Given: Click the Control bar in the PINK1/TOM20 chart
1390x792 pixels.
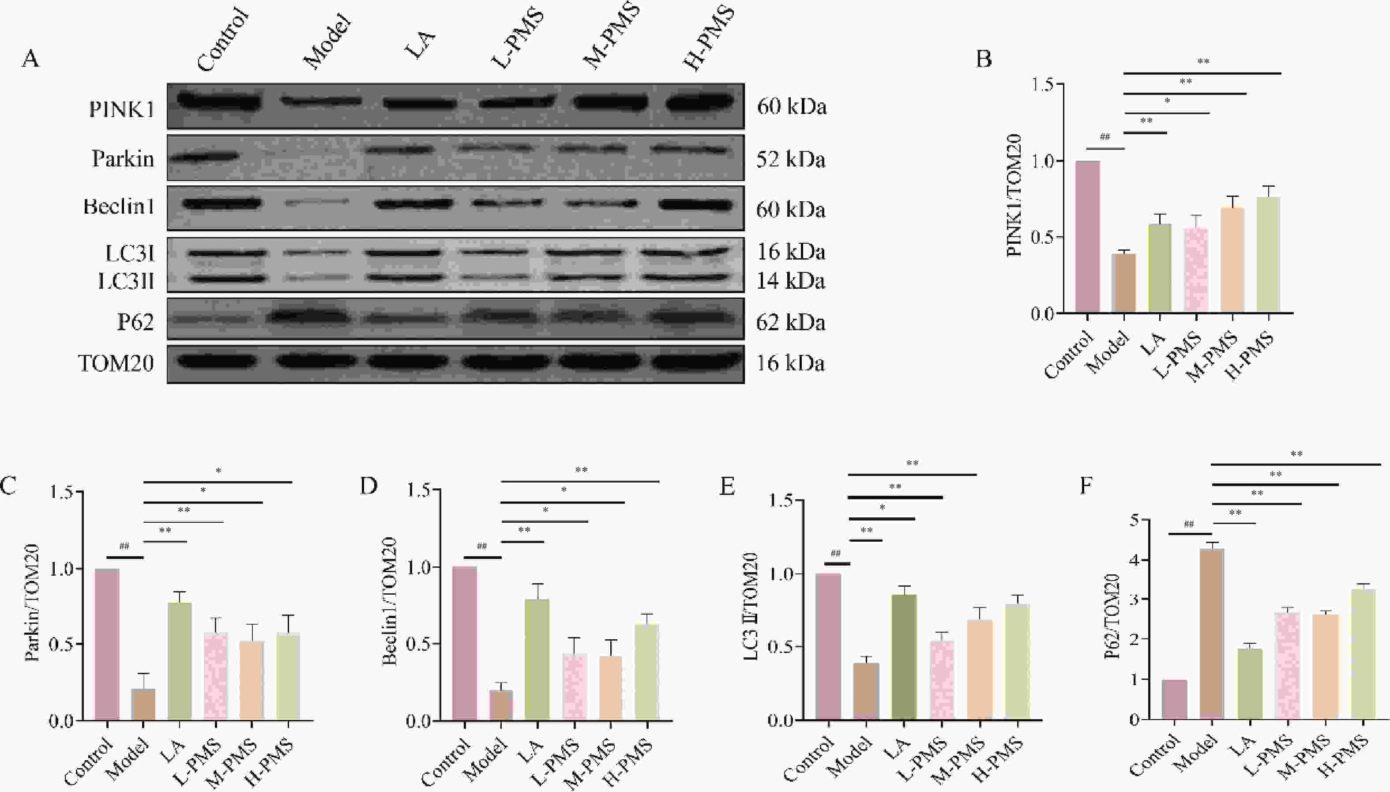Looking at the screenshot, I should click(1087, 237).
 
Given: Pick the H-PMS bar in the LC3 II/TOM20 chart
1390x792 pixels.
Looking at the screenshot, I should click(1017, 662).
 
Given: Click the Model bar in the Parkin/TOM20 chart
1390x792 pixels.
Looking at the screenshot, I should click(143, 705).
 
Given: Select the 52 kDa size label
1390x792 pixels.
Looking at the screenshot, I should click(790, 160).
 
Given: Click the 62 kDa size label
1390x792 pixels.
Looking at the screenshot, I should click(790, 323).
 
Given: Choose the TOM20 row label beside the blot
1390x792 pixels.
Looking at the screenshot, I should click(116, 363).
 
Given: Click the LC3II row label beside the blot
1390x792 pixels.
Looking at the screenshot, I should click(126, 281).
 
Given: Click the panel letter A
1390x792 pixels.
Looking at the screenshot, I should click(30, 58).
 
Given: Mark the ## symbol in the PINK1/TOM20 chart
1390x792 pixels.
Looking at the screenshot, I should click(1104, 137).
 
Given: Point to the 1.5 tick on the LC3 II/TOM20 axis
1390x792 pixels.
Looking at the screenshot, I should click(781, 501).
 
